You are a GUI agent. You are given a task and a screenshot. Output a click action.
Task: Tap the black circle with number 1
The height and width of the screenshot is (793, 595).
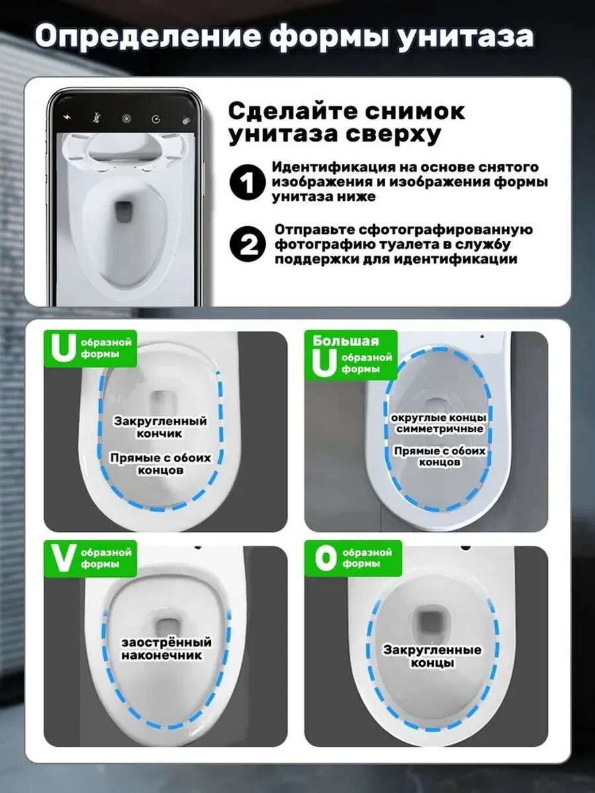[247, 182]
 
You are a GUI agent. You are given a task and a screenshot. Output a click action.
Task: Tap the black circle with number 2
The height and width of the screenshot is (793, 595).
[247, 245]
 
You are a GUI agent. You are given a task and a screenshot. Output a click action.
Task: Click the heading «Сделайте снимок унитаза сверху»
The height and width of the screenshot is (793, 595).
[346, 122]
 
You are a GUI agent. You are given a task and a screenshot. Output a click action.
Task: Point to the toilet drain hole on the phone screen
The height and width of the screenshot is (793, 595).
[124, 211]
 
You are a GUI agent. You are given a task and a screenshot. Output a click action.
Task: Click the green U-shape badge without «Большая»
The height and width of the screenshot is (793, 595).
[90, 348]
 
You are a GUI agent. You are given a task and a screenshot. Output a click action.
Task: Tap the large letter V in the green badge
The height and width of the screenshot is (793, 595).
[63, 559]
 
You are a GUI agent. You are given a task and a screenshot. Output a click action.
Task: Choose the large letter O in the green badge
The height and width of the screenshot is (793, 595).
[325, 559]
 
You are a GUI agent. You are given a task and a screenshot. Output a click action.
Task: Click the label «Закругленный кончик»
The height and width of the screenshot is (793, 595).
[160, 427]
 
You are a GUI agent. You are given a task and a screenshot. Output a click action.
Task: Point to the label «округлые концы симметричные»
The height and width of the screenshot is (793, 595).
[439, 424]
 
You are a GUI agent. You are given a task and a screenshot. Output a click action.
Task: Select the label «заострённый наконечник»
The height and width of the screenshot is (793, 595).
[166, 648]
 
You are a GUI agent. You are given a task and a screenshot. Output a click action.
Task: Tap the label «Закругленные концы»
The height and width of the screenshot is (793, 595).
[432, 656]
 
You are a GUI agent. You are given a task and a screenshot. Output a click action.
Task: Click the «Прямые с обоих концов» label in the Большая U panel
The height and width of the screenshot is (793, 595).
[440, 456]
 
